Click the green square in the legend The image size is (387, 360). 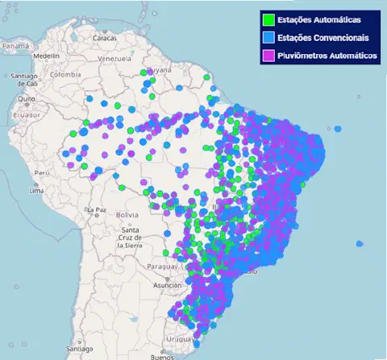(268, 19)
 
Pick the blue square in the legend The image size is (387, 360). (268, 38)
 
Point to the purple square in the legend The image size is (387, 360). (268, 56)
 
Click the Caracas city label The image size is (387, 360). (104, 38)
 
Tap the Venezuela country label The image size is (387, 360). (114, 59)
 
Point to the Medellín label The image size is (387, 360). (46, 56)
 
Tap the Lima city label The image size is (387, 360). (36, 191)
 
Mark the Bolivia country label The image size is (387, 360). (127, 215)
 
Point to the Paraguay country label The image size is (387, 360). (156, 267)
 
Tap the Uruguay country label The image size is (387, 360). (178, 340)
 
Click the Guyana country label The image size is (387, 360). (161, 70)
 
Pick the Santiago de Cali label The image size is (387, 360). (20, 79)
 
